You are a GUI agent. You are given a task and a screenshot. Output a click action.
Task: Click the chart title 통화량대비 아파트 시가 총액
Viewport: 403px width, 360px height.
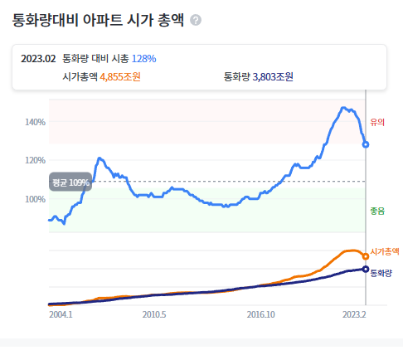point(98,19)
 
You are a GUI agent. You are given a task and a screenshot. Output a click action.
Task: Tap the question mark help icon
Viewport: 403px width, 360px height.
point(196,20)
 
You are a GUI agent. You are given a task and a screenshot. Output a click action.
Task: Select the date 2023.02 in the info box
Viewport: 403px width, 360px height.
point(38,58)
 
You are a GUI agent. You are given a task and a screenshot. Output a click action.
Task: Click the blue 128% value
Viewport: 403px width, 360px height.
point(143,58)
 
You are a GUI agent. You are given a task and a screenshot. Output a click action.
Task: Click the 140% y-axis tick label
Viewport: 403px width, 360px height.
point(35,122)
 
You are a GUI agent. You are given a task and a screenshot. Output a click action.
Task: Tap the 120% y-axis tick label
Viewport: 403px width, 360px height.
point(35,160)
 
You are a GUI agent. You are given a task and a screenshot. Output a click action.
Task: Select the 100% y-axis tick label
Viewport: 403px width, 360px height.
point(35,199)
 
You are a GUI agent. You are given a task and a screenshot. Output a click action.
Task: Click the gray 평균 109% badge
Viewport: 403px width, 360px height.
point(70,182)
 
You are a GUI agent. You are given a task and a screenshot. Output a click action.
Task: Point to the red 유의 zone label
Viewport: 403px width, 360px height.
point(377,123)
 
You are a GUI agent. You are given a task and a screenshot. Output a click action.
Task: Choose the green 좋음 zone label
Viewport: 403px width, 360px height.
point(377,211)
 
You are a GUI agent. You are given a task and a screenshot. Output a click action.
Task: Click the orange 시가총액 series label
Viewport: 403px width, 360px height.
point(385,251)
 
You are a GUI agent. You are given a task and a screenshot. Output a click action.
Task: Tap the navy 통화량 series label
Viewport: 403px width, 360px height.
point(381,271)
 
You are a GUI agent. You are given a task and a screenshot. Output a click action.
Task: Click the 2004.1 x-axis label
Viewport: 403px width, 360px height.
point(61,315)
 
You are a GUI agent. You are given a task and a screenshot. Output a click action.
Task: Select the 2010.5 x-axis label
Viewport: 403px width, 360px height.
point(155,315)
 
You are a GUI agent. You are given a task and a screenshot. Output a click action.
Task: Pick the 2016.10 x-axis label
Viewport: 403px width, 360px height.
point(260,315)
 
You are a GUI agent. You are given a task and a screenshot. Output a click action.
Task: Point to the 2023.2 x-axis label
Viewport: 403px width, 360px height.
point(354,315)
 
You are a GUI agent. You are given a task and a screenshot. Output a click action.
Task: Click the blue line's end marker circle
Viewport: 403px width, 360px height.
point(366,144)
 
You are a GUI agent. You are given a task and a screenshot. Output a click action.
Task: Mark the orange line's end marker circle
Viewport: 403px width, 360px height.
point(366,256)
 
